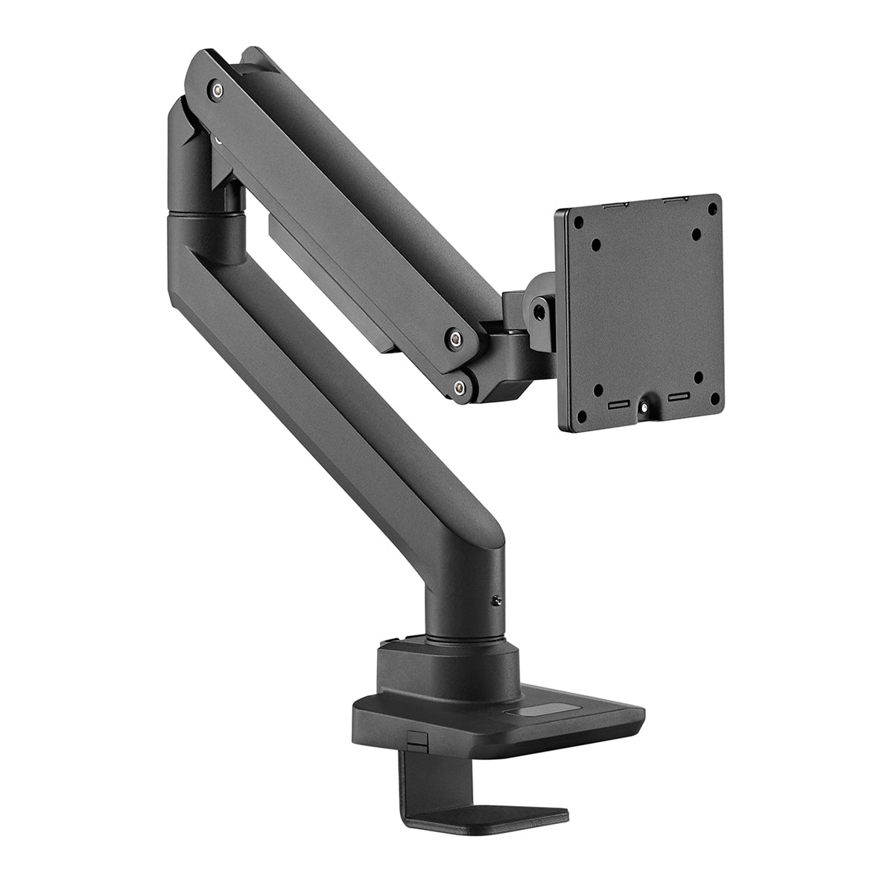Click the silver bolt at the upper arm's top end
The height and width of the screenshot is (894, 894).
(216, 90)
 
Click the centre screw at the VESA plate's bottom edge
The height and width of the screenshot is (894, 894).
(642, 408)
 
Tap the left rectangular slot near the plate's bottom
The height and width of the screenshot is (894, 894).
(618, 406)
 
